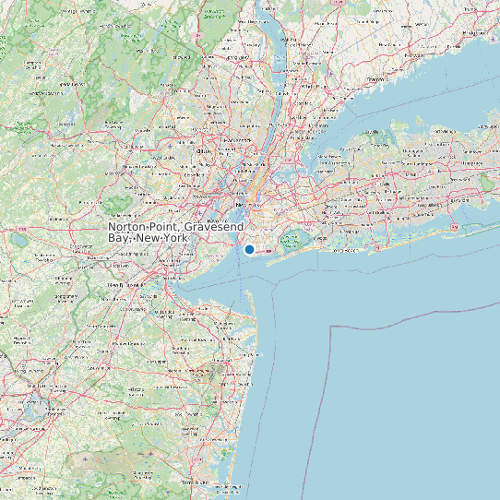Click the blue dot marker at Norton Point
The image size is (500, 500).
click(249, 249)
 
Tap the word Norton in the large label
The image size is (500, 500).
click(130, 227)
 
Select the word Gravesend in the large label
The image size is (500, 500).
click(212, 227)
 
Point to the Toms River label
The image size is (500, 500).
click(196, 482)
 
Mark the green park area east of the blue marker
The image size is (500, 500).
click(292, 243)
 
